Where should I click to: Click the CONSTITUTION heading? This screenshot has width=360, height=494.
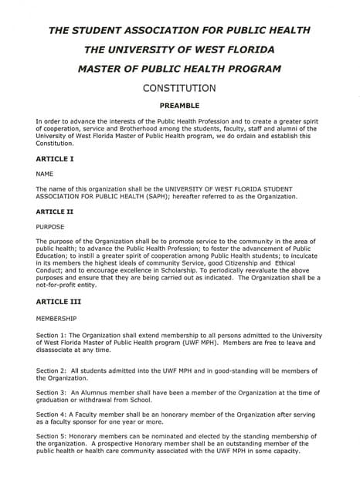(179, 88)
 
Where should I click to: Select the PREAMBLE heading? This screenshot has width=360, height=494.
(179, 106)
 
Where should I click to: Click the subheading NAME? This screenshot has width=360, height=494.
(45, 174)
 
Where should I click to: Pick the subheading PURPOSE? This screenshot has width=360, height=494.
(51, 226)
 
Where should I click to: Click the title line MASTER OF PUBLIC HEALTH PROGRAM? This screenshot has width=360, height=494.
(179, 68)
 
